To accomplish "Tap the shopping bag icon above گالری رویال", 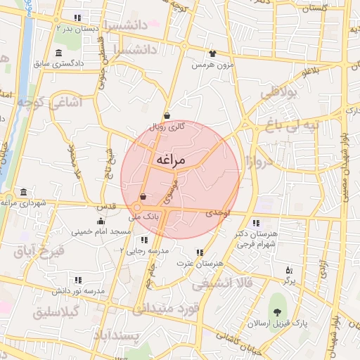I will click(167, 115).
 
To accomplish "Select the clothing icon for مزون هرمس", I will click(212, 53).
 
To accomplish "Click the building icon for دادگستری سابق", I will click(58, 53).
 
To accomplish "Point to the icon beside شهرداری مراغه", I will click(24, 192).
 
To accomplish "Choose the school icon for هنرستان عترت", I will click(200, 252).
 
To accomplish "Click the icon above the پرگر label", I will click(288, 269).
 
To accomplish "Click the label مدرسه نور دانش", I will click(79, 290).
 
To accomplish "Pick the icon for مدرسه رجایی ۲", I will click(144, 240).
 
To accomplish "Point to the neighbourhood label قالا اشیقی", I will click(221, 283).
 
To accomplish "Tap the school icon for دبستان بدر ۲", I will click(77, 18).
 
